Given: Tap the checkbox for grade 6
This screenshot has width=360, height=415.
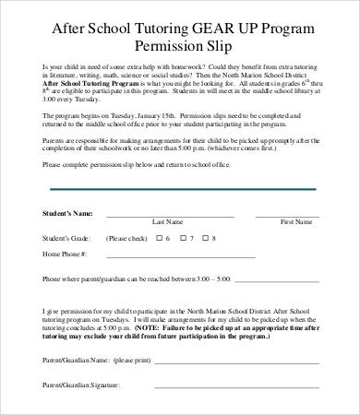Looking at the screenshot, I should (x=159, y=238).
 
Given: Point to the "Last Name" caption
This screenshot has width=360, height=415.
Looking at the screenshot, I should (x=167, y=222).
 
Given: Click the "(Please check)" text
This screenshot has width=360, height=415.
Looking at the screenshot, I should (x=124, y=238).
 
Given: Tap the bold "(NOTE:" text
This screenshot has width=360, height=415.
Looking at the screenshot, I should (x=147, y=327).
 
